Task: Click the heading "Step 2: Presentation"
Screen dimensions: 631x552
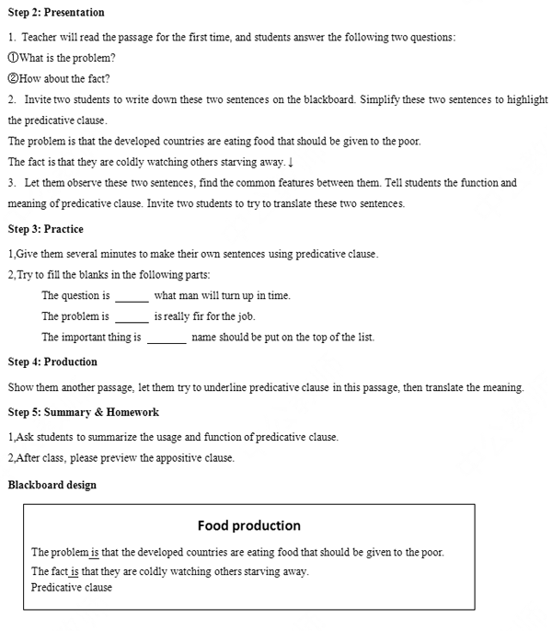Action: (x=56, y=13)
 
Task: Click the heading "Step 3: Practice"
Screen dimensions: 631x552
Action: (x=46, y=229)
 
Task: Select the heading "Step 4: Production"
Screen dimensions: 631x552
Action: (x=52, y=362)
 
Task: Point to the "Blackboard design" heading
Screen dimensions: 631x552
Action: (x=52, y=485)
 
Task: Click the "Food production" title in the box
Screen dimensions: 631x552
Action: (x=248, y=526)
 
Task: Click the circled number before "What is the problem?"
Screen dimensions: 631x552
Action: (x=13, y=58)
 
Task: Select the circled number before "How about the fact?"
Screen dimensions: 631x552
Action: (x=13, y=79)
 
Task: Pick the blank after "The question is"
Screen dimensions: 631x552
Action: (x=132, y=296)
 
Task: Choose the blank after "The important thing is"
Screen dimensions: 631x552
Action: (x=167, y=338)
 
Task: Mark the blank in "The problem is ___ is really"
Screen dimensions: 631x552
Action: (x=132, y=316)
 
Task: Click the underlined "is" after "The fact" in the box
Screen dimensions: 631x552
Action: (x=75, y=571)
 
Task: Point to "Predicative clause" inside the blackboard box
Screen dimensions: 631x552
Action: (x=72, y=588)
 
